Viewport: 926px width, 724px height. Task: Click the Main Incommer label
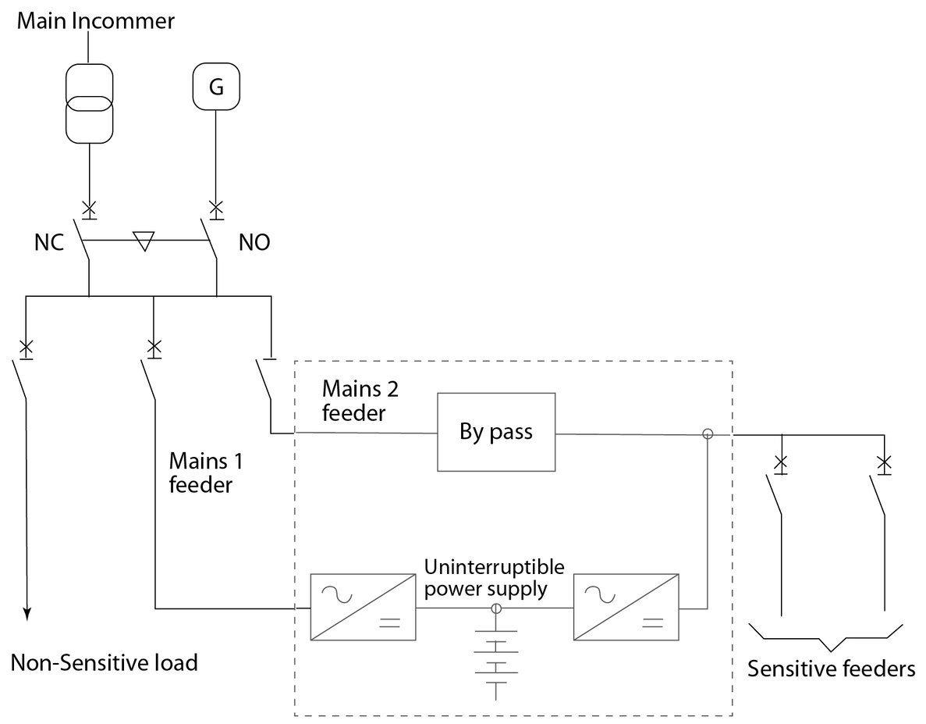coord(94,20)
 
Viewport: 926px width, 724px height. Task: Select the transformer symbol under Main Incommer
coord(89,105)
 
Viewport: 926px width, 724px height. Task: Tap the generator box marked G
coord(216,87)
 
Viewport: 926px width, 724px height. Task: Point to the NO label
coord(254,243)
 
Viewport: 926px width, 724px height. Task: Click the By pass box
coord(495,433)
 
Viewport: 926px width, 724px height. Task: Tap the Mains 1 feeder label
coord(200,471)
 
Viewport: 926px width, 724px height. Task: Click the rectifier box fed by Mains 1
coord(356,608)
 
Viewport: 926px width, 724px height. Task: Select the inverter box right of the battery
coord(626,608)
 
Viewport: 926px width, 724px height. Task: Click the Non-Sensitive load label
coord(104,663)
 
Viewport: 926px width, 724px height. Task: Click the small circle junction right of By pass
coord(708,433)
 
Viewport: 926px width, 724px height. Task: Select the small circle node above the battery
coord(495,608)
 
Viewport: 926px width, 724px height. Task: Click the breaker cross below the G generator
coord(216,208)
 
